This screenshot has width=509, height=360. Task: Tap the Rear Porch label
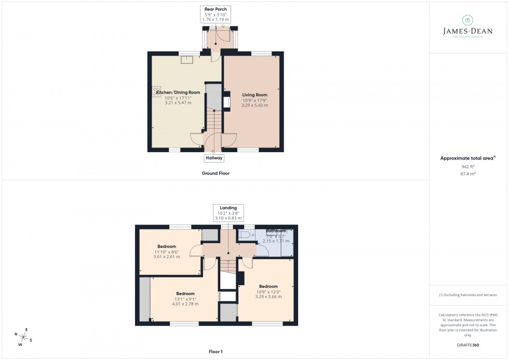click(216, 14)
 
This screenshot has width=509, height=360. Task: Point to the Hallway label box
click(214, 158)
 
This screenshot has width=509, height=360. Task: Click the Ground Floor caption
click(215, 173)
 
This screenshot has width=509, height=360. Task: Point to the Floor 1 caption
click(215, 352)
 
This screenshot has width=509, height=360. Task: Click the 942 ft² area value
click(468, 166)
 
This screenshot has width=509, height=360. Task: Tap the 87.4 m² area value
click(468, 174)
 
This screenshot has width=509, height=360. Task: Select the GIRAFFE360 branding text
click(468, 344)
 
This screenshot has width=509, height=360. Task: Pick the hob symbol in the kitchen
click(156, 91)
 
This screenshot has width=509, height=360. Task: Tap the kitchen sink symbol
click(186, 59)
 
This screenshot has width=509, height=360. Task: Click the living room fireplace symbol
click(226, 102)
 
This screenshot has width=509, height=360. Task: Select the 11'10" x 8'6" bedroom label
click(167, 251)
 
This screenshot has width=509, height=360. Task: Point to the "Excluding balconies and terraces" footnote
click(468, 295)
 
